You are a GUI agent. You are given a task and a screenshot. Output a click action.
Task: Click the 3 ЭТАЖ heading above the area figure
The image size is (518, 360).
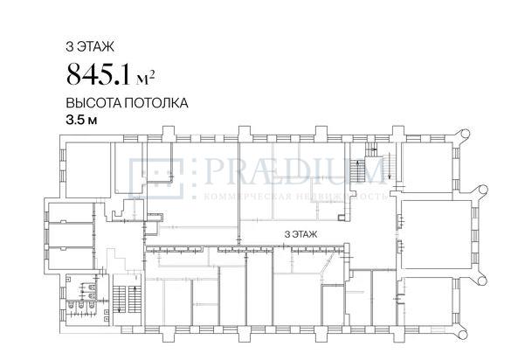coord(90,46)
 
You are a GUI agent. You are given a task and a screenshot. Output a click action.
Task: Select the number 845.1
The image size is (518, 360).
coord(99,74)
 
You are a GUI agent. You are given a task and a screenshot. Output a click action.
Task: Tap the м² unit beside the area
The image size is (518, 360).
coord(145,79)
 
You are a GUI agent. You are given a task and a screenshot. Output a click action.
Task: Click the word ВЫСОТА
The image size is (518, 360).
coord(93,103)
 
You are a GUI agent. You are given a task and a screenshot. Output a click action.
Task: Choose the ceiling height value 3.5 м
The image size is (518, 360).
coord(81,120)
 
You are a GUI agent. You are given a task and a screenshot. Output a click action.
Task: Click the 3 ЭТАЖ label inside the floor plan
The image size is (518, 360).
coord(300,234)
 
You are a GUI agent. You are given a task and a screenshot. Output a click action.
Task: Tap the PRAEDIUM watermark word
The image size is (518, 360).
coord(294,171)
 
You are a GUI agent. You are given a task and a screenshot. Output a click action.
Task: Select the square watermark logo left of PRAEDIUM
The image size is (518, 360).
coord(156,178)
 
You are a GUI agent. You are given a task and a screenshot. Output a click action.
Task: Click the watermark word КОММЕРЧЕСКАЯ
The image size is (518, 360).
coord(248,197)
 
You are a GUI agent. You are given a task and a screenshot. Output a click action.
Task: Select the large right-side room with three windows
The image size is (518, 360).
coord(435,235)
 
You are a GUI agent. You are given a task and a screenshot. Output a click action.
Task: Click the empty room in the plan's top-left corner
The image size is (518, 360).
coord(88,170)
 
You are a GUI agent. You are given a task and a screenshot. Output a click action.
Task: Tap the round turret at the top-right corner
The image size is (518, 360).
coord(462,135)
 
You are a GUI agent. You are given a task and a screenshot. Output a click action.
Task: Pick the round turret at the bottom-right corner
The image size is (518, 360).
coord(461,334)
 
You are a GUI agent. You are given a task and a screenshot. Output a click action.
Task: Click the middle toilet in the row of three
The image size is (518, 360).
coord(81,307)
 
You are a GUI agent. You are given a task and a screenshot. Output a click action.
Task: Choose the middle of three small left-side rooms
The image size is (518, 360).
coord(71,235)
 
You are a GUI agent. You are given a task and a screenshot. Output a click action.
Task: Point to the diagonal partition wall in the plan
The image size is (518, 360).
coord(326,265)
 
